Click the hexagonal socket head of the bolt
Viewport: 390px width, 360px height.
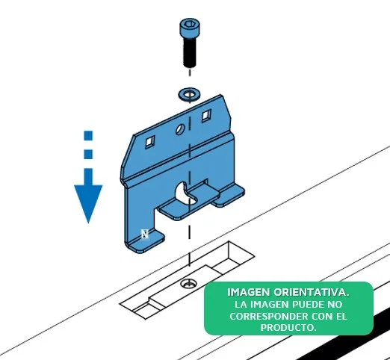(190, 28)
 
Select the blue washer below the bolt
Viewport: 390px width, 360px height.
(190, 95)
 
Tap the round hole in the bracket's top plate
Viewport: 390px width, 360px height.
(180, 130)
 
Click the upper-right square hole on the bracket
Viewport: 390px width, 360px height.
(206, 116)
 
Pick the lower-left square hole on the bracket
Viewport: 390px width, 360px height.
(149, 142)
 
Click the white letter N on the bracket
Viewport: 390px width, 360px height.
(145, 235)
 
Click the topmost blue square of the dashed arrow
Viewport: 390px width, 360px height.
(88, 135)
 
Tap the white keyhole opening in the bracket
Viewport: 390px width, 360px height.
(183, 193)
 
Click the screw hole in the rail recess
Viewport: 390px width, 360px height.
(188, 284)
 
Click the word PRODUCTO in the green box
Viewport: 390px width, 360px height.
(288, 327)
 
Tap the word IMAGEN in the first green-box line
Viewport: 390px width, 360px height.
(249, 292)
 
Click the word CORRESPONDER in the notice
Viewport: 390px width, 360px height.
(269, 316)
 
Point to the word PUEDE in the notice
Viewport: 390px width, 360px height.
(308, 304)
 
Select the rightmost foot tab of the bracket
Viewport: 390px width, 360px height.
(229, 196)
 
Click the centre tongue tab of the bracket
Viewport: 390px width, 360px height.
(189, 203)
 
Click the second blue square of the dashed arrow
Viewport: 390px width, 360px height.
(88, 154)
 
